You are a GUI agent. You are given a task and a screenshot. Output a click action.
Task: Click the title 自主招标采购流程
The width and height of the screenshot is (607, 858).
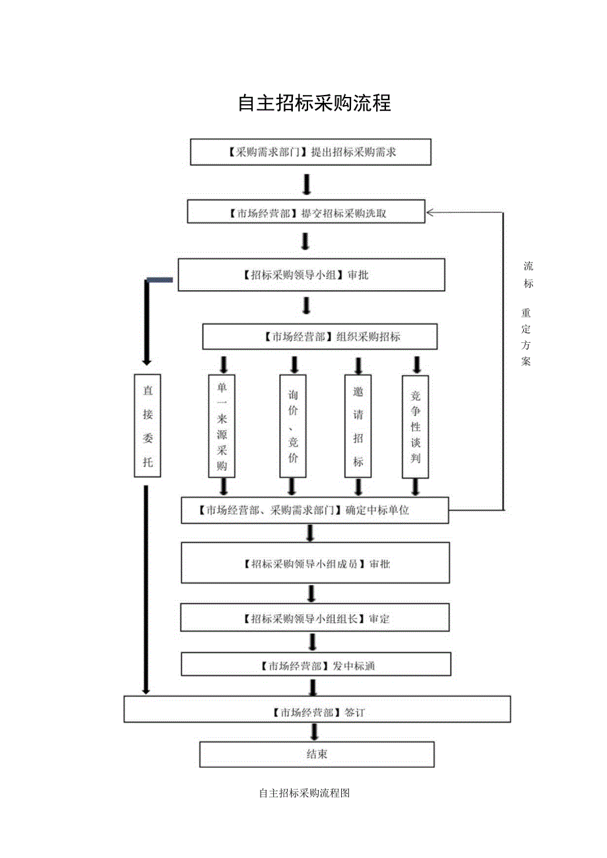(x=314, y=104)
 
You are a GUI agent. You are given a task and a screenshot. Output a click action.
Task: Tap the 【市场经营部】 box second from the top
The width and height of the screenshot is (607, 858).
(x=305, y=212)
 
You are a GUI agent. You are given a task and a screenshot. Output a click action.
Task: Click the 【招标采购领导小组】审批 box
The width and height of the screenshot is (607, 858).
(x=311, y=274)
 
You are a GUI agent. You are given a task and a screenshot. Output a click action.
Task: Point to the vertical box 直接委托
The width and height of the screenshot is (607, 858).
(x=148, y=425)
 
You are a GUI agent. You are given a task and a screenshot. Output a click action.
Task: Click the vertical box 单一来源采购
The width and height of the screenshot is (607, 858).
(x=222, y=425)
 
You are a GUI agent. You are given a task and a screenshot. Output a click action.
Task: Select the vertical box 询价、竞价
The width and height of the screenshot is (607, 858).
(x=293, y=425)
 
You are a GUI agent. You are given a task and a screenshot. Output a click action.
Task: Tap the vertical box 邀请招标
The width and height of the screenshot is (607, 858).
(x=358, y=425)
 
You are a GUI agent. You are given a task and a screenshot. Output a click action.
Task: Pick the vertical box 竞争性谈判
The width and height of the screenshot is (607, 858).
(x=416, y=425)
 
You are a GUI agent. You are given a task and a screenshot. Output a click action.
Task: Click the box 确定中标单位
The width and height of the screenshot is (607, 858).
(x=315, y=510)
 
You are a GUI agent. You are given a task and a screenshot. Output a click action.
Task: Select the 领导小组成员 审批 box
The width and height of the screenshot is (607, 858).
(x=315, y=563)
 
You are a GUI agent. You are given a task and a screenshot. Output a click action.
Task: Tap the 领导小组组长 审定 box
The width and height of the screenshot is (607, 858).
(x=315, y=618)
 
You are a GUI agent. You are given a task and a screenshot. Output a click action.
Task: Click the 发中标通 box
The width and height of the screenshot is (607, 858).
(x=316, y=665)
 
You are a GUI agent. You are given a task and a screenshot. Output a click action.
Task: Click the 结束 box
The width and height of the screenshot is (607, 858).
(x=317, y=754)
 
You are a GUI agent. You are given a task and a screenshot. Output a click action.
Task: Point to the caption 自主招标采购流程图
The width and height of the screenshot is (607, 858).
(x=304, y=793)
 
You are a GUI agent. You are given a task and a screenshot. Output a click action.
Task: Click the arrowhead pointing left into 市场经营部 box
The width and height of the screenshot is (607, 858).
(x=431, y=212)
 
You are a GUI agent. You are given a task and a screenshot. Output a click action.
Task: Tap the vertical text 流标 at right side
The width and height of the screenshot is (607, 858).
(x=528, y=275)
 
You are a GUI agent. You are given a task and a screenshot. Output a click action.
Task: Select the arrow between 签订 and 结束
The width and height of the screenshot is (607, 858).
(x=314, y=731)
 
